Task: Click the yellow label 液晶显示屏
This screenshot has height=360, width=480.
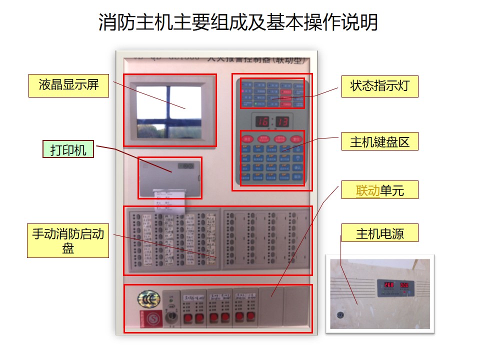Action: click(68, 84)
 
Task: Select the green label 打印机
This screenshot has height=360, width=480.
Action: click(68, 149)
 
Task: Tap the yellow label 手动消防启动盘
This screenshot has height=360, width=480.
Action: click(68, 241)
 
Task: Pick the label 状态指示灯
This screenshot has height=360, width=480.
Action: click(380, 86)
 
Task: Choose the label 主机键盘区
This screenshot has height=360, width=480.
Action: click(380, 142)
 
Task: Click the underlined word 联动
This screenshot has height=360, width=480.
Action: click(367, 190)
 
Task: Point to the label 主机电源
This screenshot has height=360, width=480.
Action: click(380, 233)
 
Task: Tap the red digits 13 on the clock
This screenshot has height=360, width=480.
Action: click(282, 121)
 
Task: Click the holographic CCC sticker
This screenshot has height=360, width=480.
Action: click(145, 299)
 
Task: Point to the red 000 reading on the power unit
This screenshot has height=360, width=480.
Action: click(404, 285)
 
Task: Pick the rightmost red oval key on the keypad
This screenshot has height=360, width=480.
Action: click(297, 139)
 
